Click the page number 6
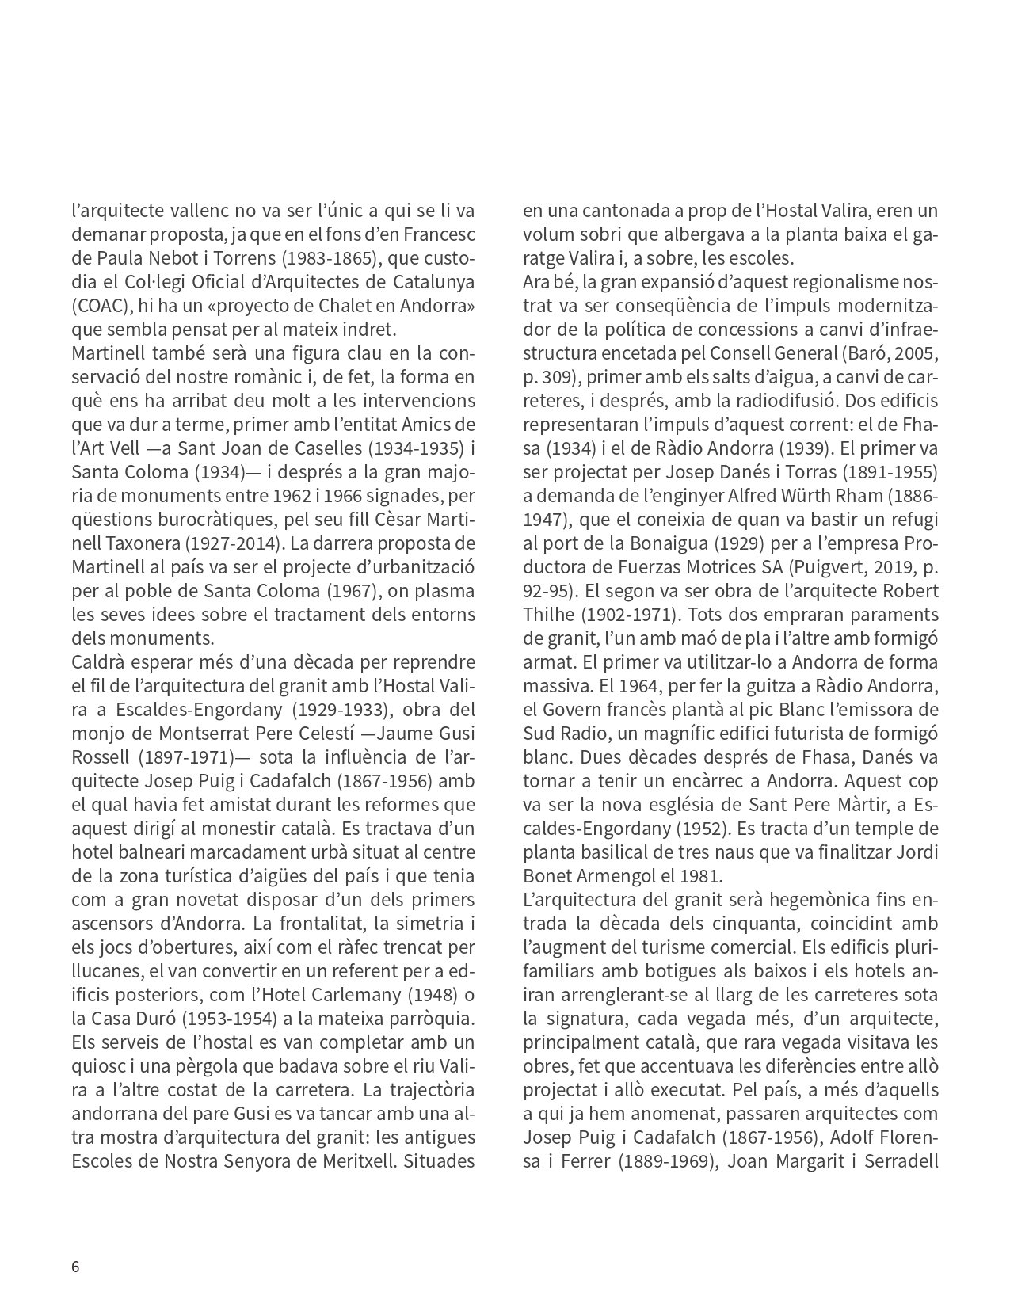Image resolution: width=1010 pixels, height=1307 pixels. tap(75, 1266)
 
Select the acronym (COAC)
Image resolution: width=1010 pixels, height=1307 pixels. tap(101, 306)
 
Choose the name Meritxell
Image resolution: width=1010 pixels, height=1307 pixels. tap(352, 1161)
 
